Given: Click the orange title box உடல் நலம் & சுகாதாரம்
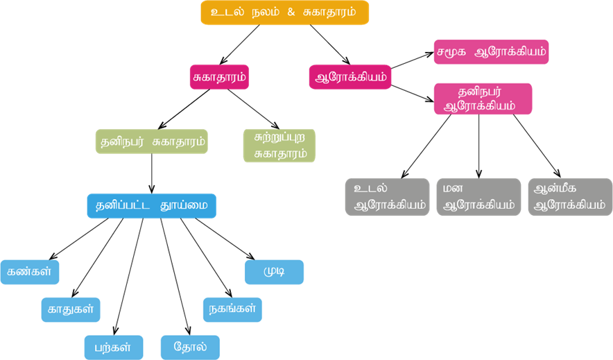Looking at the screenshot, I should click(284, 12).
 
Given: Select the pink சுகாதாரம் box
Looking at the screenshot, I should click(219, 76).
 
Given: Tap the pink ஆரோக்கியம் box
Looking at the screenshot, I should click(349, 76).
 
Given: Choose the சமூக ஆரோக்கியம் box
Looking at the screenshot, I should click(491, 51).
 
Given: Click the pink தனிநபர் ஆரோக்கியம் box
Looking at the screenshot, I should click(483, 98).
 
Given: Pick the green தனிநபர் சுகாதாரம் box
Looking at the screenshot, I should click(152, 142).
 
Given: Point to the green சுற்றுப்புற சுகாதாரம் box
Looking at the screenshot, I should click(279, 146).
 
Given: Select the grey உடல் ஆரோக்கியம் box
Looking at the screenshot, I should click(388, 197).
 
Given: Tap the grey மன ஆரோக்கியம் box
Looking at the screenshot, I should click(478, 197).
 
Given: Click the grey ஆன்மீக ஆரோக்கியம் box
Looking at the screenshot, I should click(570, 197).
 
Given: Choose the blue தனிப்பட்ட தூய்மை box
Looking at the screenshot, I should click(151, 205).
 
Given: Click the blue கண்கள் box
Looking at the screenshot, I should click(29, 272).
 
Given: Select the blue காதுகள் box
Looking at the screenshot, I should click(70, 309).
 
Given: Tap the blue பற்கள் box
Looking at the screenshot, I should click(114, 347).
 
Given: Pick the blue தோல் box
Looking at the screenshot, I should click(189, 347).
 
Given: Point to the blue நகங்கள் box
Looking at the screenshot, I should click(232, 309).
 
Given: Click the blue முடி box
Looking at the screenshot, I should click(274, 272).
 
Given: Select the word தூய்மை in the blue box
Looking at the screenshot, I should click(182, 205).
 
